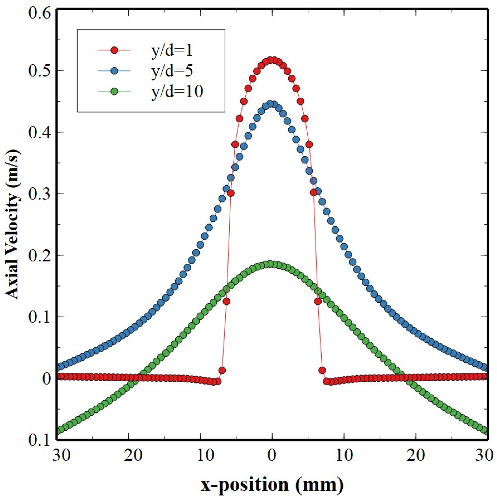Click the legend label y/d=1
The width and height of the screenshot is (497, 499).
pyautogui.click(x=172, y=51)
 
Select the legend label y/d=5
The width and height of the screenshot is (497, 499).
pyautogui.click(x=172, y=71)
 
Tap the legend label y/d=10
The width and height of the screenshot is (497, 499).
pyautogui.click(x=177, y=91)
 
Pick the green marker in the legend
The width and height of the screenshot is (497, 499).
pyautogui.click(x=114, y=91)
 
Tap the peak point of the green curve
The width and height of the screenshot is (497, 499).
pyautogui.click(x=270, y=264)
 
